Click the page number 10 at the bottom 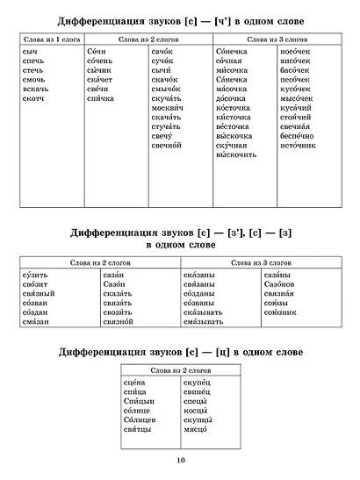(180, 460)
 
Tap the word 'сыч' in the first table (30, 53)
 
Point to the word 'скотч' (33, 98)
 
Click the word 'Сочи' (97, 53)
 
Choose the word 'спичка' (102, 98)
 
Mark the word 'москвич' (167, 111)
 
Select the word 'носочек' (297, 53)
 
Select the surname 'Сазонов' (283, 288)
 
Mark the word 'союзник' (282, 312)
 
